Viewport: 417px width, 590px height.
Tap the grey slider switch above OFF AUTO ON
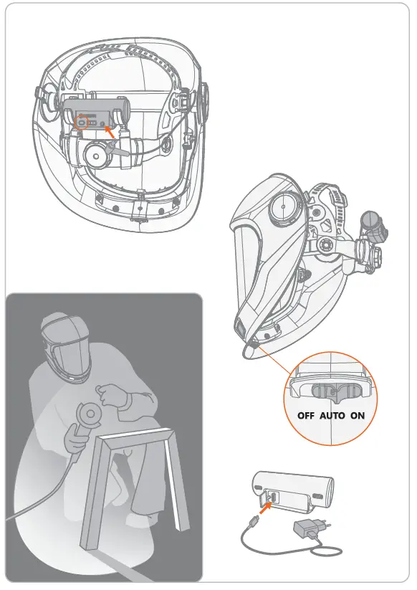pos(331,391)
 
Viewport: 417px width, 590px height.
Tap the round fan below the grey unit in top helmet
pos(95,153)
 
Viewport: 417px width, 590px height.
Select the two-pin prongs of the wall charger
pos(322,520)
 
